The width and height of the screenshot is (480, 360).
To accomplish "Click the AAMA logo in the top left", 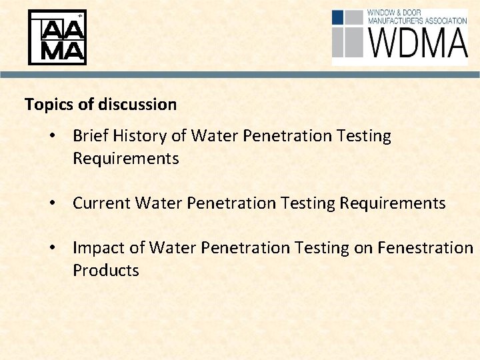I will coord(57,37).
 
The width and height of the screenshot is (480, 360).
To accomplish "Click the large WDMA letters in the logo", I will coord(417,43).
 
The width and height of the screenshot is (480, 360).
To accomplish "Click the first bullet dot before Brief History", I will coord(52,137).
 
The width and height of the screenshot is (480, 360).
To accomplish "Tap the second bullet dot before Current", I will coord(52,203).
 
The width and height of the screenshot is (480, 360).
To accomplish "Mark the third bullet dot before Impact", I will coord(52,248).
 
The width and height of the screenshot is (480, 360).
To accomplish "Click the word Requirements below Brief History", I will coord(125,159).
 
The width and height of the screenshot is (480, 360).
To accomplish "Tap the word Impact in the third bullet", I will coord(97,248).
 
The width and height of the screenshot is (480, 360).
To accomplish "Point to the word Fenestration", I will coord(425,248).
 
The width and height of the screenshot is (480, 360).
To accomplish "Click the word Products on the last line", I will coord(105,271).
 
